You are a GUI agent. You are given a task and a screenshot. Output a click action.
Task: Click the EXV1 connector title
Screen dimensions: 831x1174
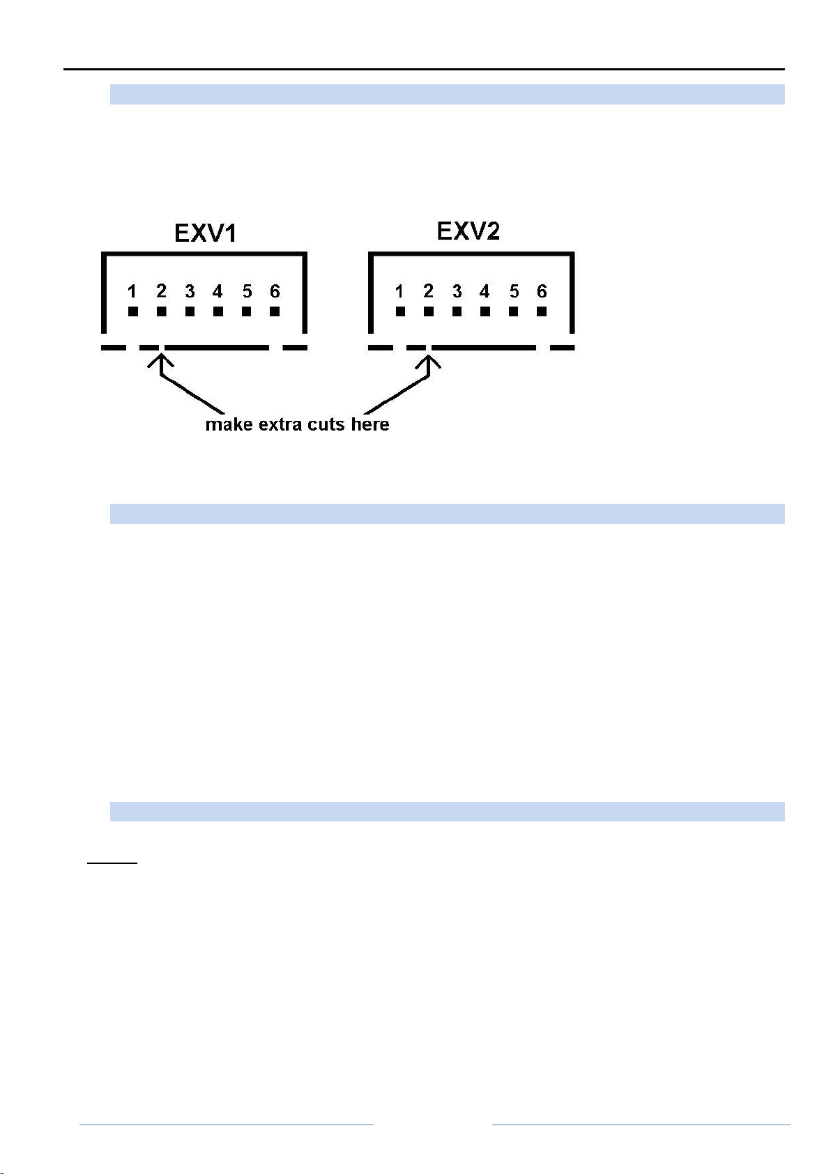point(205,233)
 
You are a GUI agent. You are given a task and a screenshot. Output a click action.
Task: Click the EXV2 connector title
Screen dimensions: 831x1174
point(468,231)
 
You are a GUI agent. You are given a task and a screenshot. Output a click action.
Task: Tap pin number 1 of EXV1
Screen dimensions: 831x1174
point(132,291)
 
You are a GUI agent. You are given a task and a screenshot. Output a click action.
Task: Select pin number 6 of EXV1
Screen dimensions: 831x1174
point(275,291)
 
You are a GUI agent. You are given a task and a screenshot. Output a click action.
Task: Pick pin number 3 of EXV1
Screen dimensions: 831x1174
point(190,291)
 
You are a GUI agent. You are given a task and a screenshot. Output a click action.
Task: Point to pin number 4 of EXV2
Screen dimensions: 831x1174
point(485,291)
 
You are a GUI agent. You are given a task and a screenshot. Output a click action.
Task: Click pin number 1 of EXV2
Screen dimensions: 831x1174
point(399,291)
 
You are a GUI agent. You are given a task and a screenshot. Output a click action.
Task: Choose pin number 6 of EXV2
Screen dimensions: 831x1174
point(542,291)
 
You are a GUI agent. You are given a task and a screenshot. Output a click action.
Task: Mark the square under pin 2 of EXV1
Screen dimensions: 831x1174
point(161,311)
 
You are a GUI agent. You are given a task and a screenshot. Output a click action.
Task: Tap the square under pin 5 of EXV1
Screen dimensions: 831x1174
point(246,311)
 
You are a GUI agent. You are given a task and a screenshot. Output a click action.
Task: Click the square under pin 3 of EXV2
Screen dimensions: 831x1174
point(457,311)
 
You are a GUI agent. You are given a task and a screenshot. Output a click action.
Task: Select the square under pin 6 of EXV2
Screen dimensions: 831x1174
point(542,311)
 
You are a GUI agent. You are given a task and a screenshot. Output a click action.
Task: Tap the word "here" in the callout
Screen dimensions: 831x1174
point(369,424)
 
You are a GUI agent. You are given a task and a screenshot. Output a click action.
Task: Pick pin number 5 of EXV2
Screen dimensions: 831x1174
point(514,291)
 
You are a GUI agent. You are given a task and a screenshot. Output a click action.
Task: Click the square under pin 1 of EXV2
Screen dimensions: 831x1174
point(399,311)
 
